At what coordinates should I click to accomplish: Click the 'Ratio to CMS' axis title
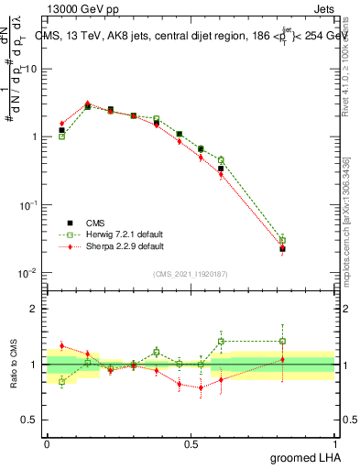point(12,365)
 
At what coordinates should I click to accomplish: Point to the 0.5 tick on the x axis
point(191,443)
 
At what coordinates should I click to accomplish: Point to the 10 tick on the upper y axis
point(33,69)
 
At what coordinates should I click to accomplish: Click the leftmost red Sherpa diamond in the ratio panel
point(61,346)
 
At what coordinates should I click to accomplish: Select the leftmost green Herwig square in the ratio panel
point(61,381)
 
